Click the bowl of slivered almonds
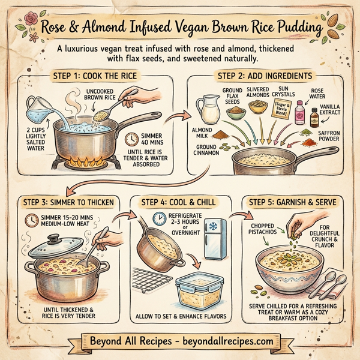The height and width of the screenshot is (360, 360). pos(259,108)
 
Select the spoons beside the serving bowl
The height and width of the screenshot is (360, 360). pos(329,282)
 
